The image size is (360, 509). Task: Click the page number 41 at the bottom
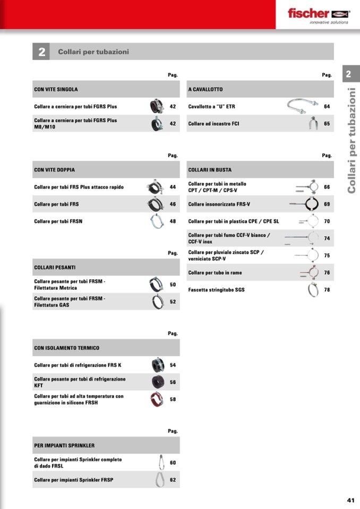[x=350, y=499]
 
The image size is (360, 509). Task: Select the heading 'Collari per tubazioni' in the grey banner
[x=93, y=52]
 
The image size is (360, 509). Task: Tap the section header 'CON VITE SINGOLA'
[x=56, y=89]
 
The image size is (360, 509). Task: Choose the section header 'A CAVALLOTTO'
[x=205, y=89]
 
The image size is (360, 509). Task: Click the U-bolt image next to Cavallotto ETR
[x=303, y=106]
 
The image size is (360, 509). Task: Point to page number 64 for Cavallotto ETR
[x=327, y=107]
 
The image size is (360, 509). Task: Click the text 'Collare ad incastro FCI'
[x=213, y=124]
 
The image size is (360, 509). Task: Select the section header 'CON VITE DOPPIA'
[x=54, y=170]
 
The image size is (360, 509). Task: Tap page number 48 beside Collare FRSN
[x=173, y=221]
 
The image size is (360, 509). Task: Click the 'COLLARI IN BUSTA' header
[x=210, y=170]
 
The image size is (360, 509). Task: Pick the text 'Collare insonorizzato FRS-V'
[x=219, y=204]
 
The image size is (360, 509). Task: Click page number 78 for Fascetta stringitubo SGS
[x=327, y=290]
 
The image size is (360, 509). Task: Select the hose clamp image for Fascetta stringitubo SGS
[x=313, y=289]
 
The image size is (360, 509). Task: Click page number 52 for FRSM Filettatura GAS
[x=173, y=301]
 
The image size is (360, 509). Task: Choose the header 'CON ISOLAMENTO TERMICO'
[x=66, y=348]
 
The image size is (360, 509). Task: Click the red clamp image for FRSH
[x=157, y=399]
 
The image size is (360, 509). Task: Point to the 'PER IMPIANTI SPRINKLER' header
[x=64, y=445]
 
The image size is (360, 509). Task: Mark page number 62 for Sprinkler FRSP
[x=173, y=480]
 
